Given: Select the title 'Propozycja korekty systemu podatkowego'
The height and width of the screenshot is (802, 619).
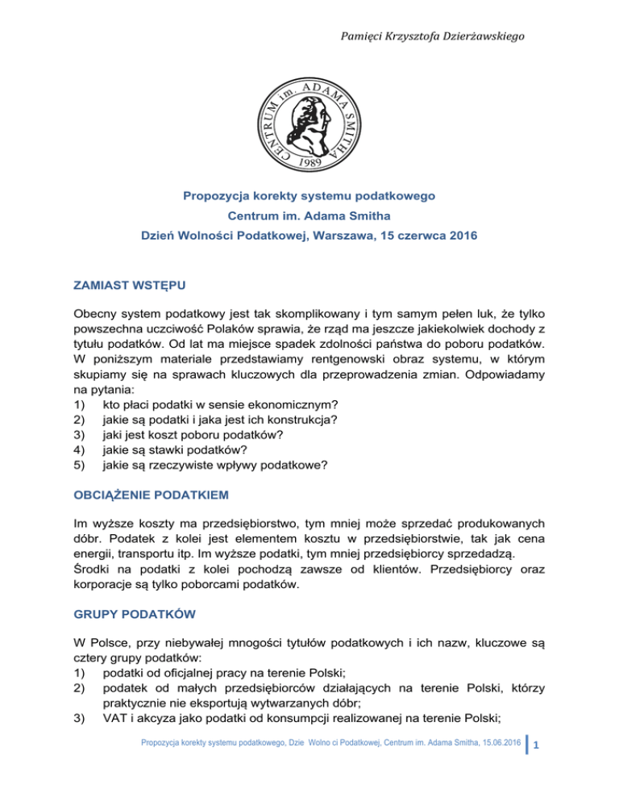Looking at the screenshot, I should click(x=309, y=196).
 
